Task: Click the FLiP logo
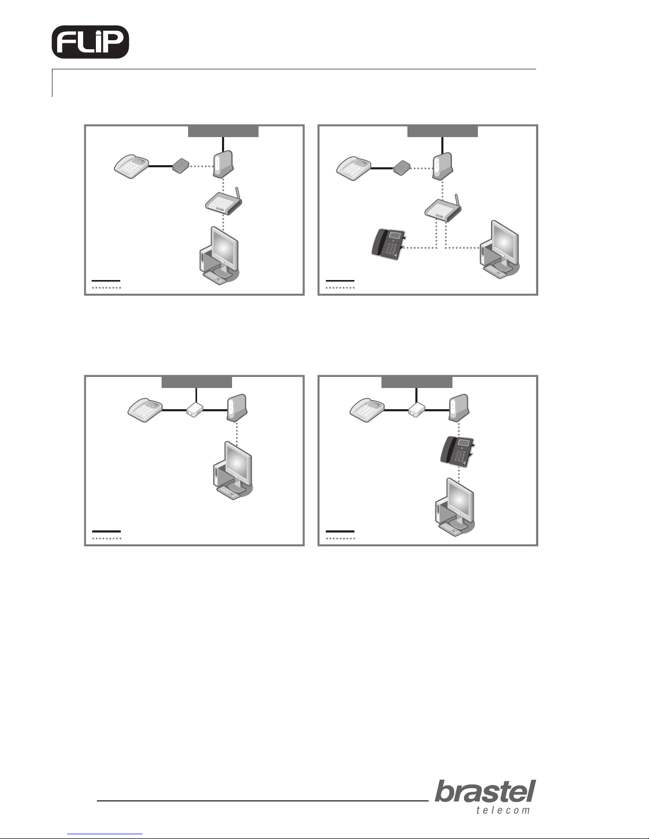point(91,42)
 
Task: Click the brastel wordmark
point(485,791)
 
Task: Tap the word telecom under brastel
point(503,810)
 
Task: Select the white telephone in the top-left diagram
point(131,166)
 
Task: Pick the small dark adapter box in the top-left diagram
point(180,166)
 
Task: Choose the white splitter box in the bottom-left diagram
point(195,410)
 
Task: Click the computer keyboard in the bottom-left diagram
point(229,493)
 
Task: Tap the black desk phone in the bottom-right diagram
point(457,452)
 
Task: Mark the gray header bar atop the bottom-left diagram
point(197,382)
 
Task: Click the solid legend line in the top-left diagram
point(106,281)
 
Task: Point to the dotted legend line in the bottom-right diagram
point(340,538)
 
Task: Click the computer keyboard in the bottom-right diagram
point(451,529)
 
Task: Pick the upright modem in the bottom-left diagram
point(237,408)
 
